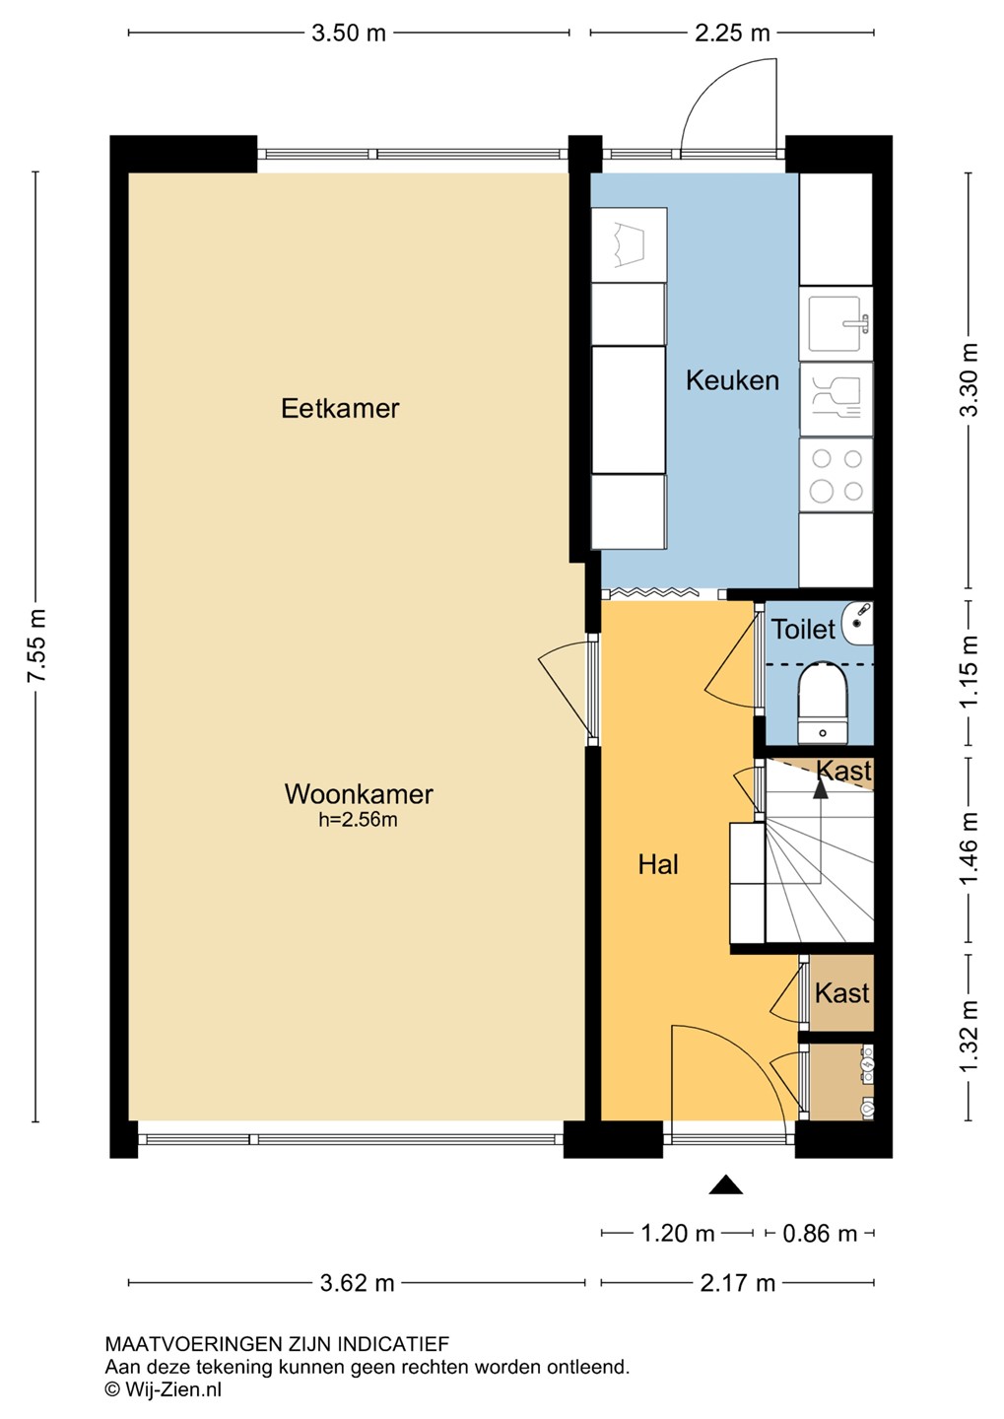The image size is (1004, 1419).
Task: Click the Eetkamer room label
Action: (x=340, y=409)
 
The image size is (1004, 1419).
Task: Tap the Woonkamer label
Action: (x=359, y=794)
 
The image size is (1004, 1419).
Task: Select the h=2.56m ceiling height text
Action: (x=358, y=820)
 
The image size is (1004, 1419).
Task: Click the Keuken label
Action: (x=732, y=380)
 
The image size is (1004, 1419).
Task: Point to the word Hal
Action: (x=658, y=865)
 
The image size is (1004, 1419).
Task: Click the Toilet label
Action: (x=803, y=630)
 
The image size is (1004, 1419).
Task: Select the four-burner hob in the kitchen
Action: (x=837, y=475)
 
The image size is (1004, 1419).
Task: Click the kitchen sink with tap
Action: (x=837, y=323)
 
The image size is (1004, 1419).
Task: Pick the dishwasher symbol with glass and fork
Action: (x=837, y=400)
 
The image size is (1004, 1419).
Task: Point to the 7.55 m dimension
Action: (x=36, y=646)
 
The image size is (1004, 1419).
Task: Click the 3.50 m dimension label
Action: (x=349, y=33)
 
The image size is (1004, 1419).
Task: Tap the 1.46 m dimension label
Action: (x=969, y=850)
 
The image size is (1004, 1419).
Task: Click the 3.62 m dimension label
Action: (x=358, y=1283)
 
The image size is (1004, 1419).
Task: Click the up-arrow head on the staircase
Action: (x=821, y=788)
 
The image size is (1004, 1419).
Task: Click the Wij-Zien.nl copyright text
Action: (x=164, y=1390)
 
